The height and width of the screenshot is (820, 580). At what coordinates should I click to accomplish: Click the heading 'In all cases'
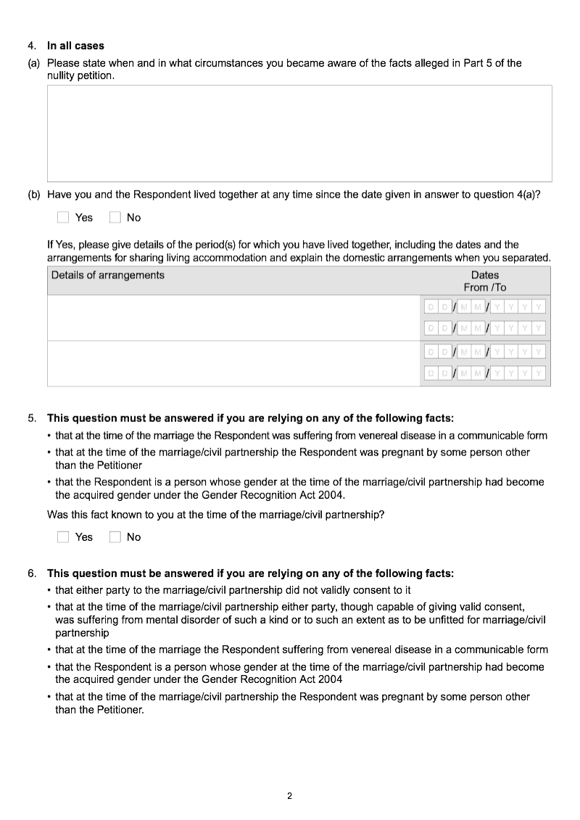[75, 46]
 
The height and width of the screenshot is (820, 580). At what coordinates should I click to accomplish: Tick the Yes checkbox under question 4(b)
[63, 217]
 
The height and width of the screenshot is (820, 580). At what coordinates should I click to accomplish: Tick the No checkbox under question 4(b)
[115, 217]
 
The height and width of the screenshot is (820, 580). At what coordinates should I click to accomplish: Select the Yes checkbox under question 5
[63, 537]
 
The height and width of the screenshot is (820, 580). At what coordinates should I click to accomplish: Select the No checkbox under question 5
[115, 537]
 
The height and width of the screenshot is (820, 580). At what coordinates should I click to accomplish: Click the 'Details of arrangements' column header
[108, 276]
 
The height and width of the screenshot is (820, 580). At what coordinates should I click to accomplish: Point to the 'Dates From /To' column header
[485, 281]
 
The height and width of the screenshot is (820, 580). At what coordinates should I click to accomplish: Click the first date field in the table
[485, 307]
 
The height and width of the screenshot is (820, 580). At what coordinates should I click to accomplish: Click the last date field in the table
[485, 374]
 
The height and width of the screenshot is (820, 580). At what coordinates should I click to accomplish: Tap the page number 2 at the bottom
[289, 796]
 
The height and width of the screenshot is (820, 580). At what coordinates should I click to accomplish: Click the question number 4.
[32, 46]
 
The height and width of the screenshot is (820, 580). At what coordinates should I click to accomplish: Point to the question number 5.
[32, 418]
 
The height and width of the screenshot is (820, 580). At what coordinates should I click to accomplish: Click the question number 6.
[32, 573]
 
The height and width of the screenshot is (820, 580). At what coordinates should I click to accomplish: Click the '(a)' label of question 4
[33, 63]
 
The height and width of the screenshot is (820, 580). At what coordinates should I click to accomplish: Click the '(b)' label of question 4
[33, 194]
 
